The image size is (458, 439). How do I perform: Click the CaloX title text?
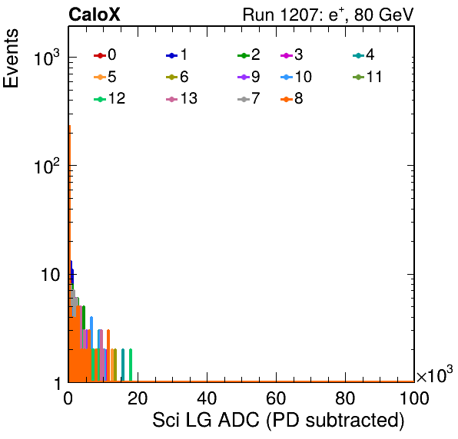coord(95,15)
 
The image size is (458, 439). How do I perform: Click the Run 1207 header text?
coord(328,15)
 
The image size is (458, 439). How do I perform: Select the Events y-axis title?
coord(11,58)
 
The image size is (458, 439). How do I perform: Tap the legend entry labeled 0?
coord(105,55)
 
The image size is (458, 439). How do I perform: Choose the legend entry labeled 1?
coord(177,55)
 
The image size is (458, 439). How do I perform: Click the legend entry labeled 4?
coord(363,55)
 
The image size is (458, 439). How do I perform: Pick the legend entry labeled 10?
coord(296,77)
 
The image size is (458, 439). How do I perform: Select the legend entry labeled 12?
coord(110,99)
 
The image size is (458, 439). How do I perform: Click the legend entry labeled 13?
coord(181,99)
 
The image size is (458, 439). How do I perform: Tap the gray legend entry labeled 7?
coord(248,99)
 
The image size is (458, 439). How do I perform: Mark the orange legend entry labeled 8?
coord(291,99)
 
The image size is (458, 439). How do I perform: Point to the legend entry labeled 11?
coord(367,77)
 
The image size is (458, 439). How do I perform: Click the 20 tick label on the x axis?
coord(138,398)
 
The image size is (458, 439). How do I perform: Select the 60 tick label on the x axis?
coord(276,398)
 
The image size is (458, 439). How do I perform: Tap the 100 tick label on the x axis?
coord(414,398)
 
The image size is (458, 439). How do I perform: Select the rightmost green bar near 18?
coord(131,365)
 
